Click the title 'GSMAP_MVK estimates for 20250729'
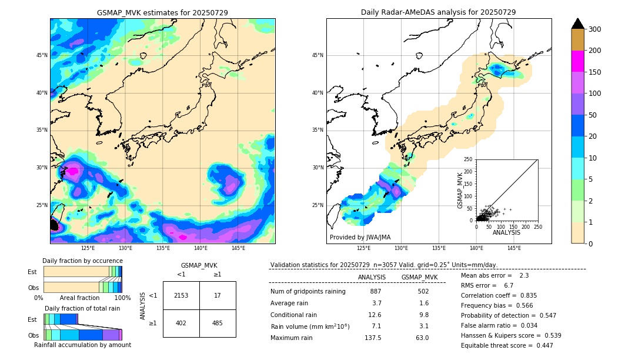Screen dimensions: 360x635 [162, 12]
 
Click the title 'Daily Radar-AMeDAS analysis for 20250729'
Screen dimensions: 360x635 [438, 12]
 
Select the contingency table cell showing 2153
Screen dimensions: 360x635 [181, 295]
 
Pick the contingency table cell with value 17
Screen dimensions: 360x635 [218, 295]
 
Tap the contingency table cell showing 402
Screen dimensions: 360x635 [181, 323]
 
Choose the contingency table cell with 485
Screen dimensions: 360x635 [218, 323]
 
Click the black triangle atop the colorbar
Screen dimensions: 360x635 [578, 24]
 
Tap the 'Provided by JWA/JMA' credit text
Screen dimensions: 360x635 [360, 238]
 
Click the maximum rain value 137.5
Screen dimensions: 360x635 [372, 338]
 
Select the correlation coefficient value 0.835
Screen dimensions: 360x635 [524, 295]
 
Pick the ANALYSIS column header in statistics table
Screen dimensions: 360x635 [372, 277]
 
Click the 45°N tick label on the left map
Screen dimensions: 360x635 [42, 55]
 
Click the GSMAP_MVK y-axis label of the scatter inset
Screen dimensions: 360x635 [460, 190]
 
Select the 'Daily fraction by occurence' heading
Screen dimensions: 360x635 [82, 261]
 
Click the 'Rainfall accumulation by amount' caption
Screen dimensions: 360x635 [82, 345]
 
